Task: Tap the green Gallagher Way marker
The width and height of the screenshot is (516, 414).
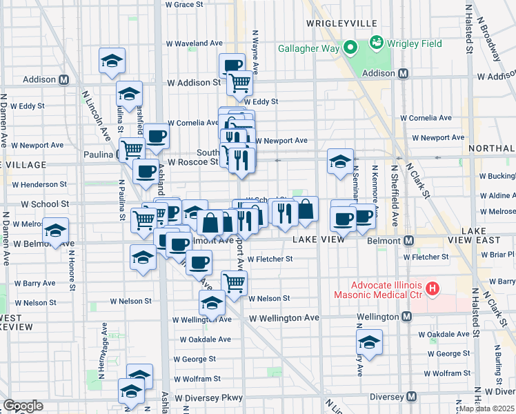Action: tap(350, 48)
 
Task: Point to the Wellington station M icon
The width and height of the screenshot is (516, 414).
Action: tap(407, 316)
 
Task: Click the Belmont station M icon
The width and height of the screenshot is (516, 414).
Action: tap(409, 240)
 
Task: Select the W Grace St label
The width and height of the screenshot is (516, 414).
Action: tap(184, 4)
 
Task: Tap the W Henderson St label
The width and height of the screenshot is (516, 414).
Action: tap(39, 185)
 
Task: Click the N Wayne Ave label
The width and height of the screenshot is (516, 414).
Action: tap(255, 52)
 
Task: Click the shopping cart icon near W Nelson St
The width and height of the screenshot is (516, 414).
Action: tap(234, 282)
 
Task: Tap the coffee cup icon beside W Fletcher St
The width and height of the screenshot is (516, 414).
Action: tap(199, 262)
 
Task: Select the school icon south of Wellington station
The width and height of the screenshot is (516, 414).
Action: tap(369, 342)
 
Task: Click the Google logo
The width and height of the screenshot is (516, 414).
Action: tap(23, 406)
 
